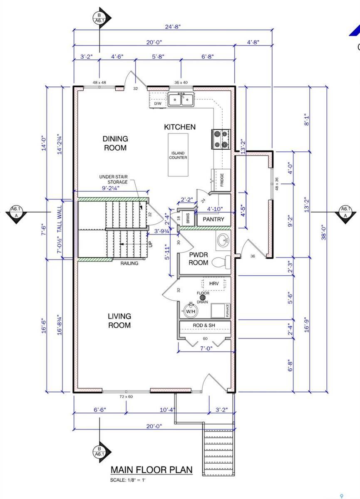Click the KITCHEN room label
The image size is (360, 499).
coord(179,127)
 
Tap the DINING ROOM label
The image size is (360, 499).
coord(115,143)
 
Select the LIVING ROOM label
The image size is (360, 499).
coord(119,321)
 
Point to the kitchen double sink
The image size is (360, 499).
coord(181,100)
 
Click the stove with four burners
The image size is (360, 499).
coord(221,139)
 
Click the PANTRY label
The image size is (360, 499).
coord(213,219)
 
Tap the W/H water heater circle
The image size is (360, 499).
coord(191,310)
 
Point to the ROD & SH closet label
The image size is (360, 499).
coord(205,325)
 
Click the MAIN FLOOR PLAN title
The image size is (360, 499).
coord(151,470)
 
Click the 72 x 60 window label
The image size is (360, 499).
coord(126,397)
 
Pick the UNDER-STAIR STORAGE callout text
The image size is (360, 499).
coord(113,179)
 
